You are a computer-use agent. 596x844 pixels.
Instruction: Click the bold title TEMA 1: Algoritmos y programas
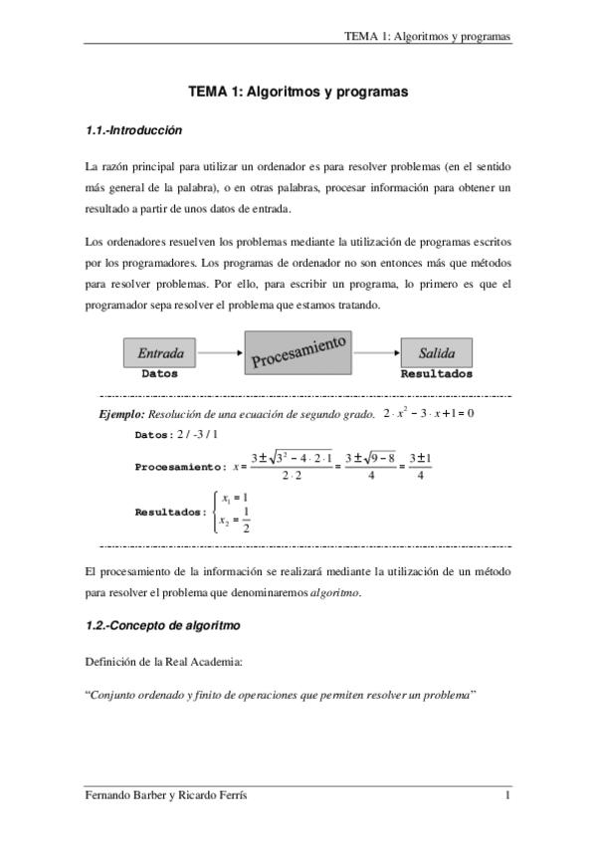298,92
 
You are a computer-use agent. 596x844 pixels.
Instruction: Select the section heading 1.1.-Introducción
134,129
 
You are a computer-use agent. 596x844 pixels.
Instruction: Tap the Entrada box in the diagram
160,352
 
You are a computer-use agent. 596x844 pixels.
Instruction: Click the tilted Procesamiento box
298,353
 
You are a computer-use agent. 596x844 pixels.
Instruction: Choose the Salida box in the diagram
436,352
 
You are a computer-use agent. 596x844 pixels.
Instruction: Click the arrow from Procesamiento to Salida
376,352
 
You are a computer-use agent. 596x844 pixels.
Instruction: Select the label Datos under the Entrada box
160,375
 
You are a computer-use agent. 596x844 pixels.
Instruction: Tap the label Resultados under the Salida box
436,375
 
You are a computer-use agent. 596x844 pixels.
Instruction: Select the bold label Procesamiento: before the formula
179,466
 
